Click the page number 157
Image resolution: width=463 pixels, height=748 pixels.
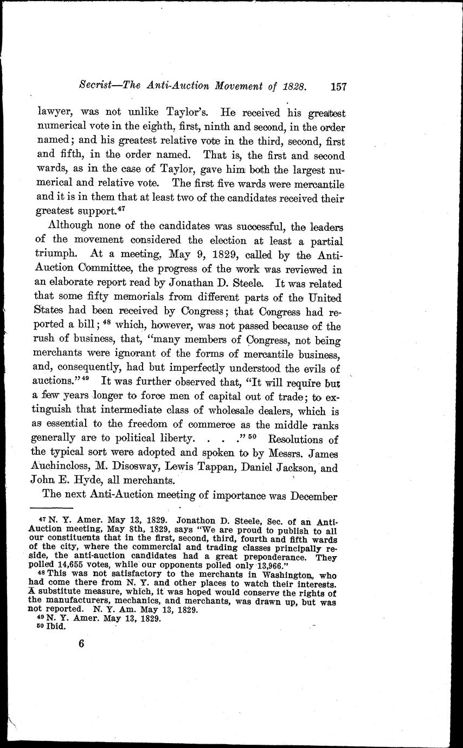tap(337, 86)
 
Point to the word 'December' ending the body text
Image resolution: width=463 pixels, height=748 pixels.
tap(314, 496)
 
